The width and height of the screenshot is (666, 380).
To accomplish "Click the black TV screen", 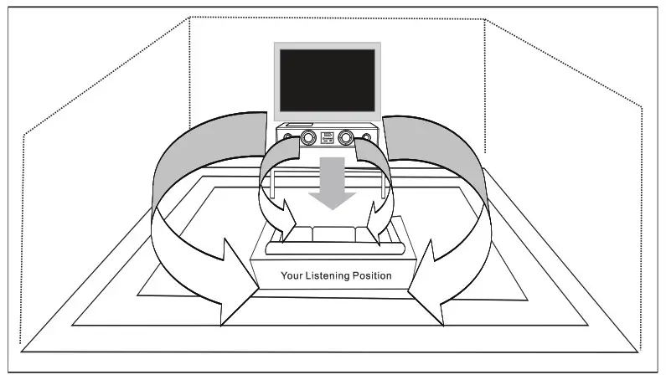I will click(x=327, y=80).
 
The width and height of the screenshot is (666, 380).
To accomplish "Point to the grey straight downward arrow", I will click(x=333, y=187).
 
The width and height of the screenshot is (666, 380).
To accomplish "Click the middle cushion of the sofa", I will click(x=329, y=235).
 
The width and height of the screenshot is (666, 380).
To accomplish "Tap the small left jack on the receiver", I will click(x=289, y=136).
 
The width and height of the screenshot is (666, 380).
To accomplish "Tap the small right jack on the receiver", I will click(x=367, y=136).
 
